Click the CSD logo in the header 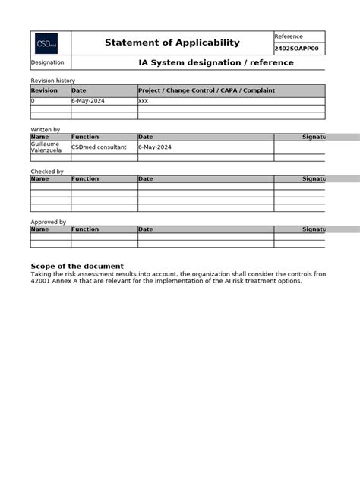[46, 43]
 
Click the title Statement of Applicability [172, 43]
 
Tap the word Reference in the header [289, 36]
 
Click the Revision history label [52, 81]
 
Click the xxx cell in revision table [143, 100]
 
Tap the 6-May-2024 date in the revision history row [87, 100]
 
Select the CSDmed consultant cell [99, 147]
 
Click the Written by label [45, 130]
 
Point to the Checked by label [46, 172]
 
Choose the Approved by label [48, 222]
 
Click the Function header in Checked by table [85, 178]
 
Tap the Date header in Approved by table [145, 229]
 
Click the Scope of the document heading [77, 266]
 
